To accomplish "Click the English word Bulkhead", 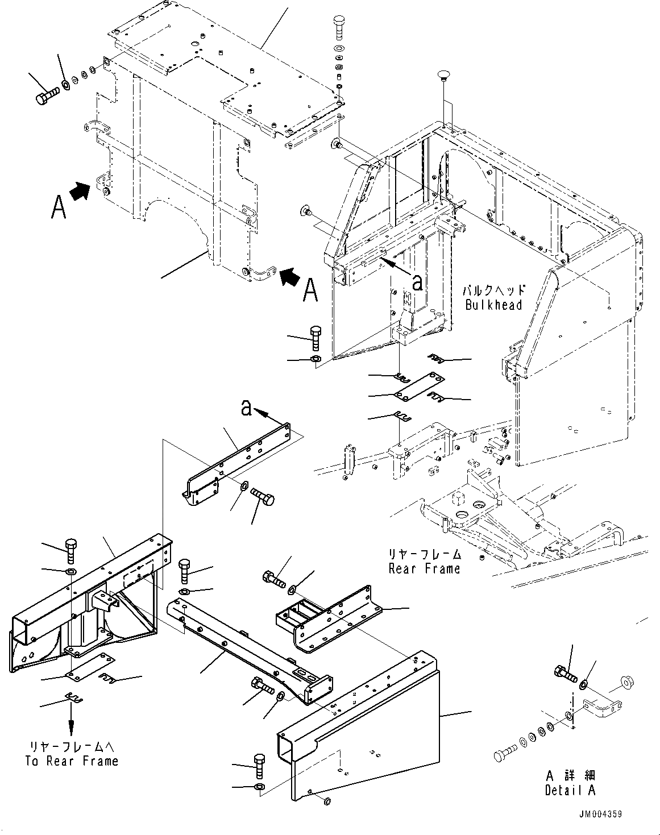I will tap(493, 305).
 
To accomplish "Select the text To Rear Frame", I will tap(72, 761).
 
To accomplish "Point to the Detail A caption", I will tap(570, 790).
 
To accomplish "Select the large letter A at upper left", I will tap(58, 207).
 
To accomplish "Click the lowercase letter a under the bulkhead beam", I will tap(417, 283).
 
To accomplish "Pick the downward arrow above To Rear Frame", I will tap(71, 725).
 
